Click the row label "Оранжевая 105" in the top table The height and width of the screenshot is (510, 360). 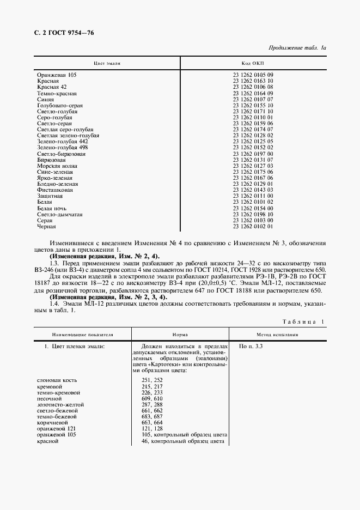(x=57, y=75)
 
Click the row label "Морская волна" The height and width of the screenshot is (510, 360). (x=57, y=166)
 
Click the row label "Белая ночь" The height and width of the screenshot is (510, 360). (x=52, y=208)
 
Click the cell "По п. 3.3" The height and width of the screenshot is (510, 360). (x=251, y=347)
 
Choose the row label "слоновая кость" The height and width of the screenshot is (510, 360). (x=57, y=379)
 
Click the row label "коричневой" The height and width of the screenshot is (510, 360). (x=52, y=422)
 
